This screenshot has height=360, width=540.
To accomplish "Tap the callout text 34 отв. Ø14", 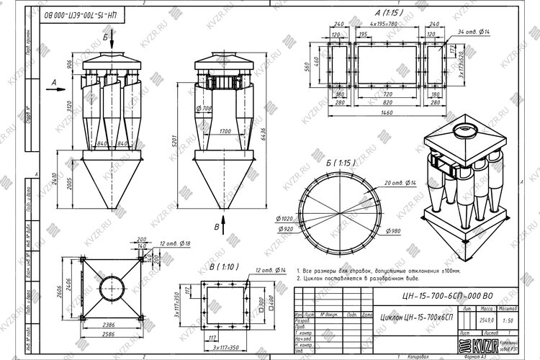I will click(x=472, y=31).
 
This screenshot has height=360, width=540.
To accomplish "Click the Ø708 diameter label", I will click(x=204, y=109).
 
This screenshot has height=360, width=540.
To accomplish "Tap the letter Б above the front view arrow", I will click(x=105, y=35).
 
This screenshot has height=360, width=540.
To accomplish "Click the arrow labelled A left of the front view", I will click(x=54, y=83).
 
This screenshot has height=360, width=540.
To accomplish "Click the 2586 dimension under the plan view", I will click(x=105, y=336).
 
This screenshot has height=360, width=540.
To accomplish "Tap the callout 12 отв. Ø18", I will click(x=176, y=244).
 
